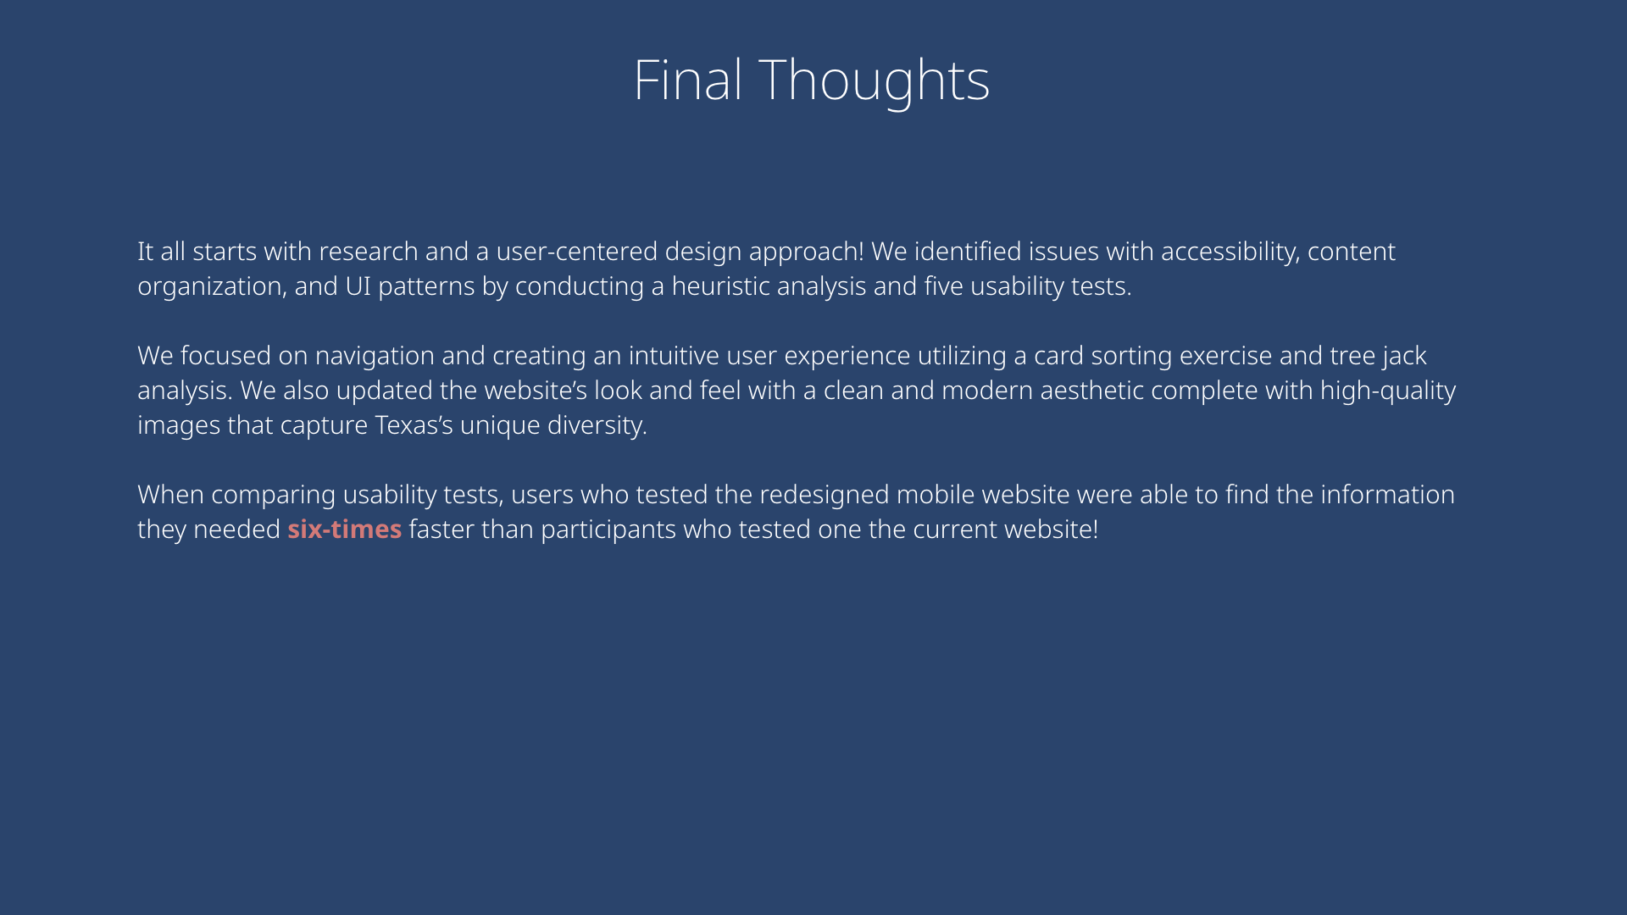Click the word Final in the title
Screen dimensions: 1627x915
pyautogui.click(x=688, y=80)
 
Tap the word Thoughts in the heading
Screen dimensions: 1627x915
pyautogui.click(x=874, y=82)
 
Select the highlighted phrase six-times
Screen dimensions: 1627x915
pyautogui.click(x=344, y=529)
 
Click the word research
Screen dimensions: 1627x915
pyautogui.click(x=368, y=252)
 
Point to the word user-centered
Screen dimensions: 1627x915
pyautogui.click(x=576, y=252)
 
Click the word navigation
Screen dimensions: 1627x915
pyautogui.click(x=375, y=356)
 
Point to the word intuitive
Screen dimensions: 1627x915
pyautogui.click(x=673, y=356)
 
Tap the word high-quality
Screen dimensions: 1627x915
pyautogui.click(x=1388, y=391)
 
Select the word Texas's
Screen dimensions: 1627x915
pyautogui.click(x=414, y=425)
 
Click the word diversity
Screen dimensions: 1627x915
pyautogui.click(x=597, y=425)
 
